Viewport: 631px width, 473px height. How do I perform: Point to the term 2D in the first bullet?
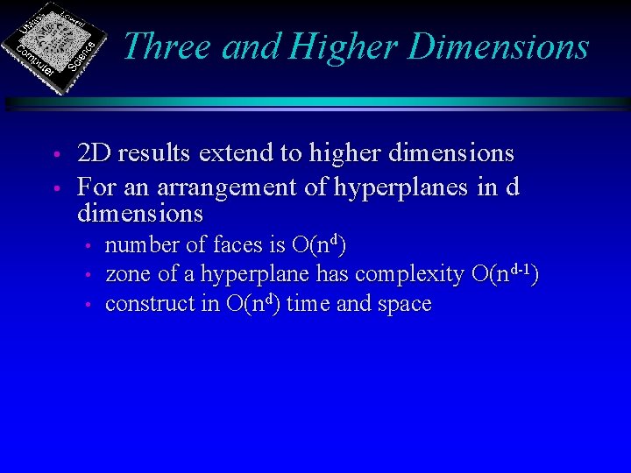(x=94, y=153)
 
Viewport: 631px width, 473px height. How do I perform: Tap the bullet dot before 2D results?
(x=54, y=156)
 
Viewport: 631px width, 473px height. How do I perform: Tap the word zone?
(x=128, y=275)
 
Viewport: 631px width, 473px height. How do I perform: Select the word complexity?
(x=408, y=275)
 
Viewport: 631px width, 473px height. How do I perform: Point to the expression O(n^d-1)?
(x=504, y=273)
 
